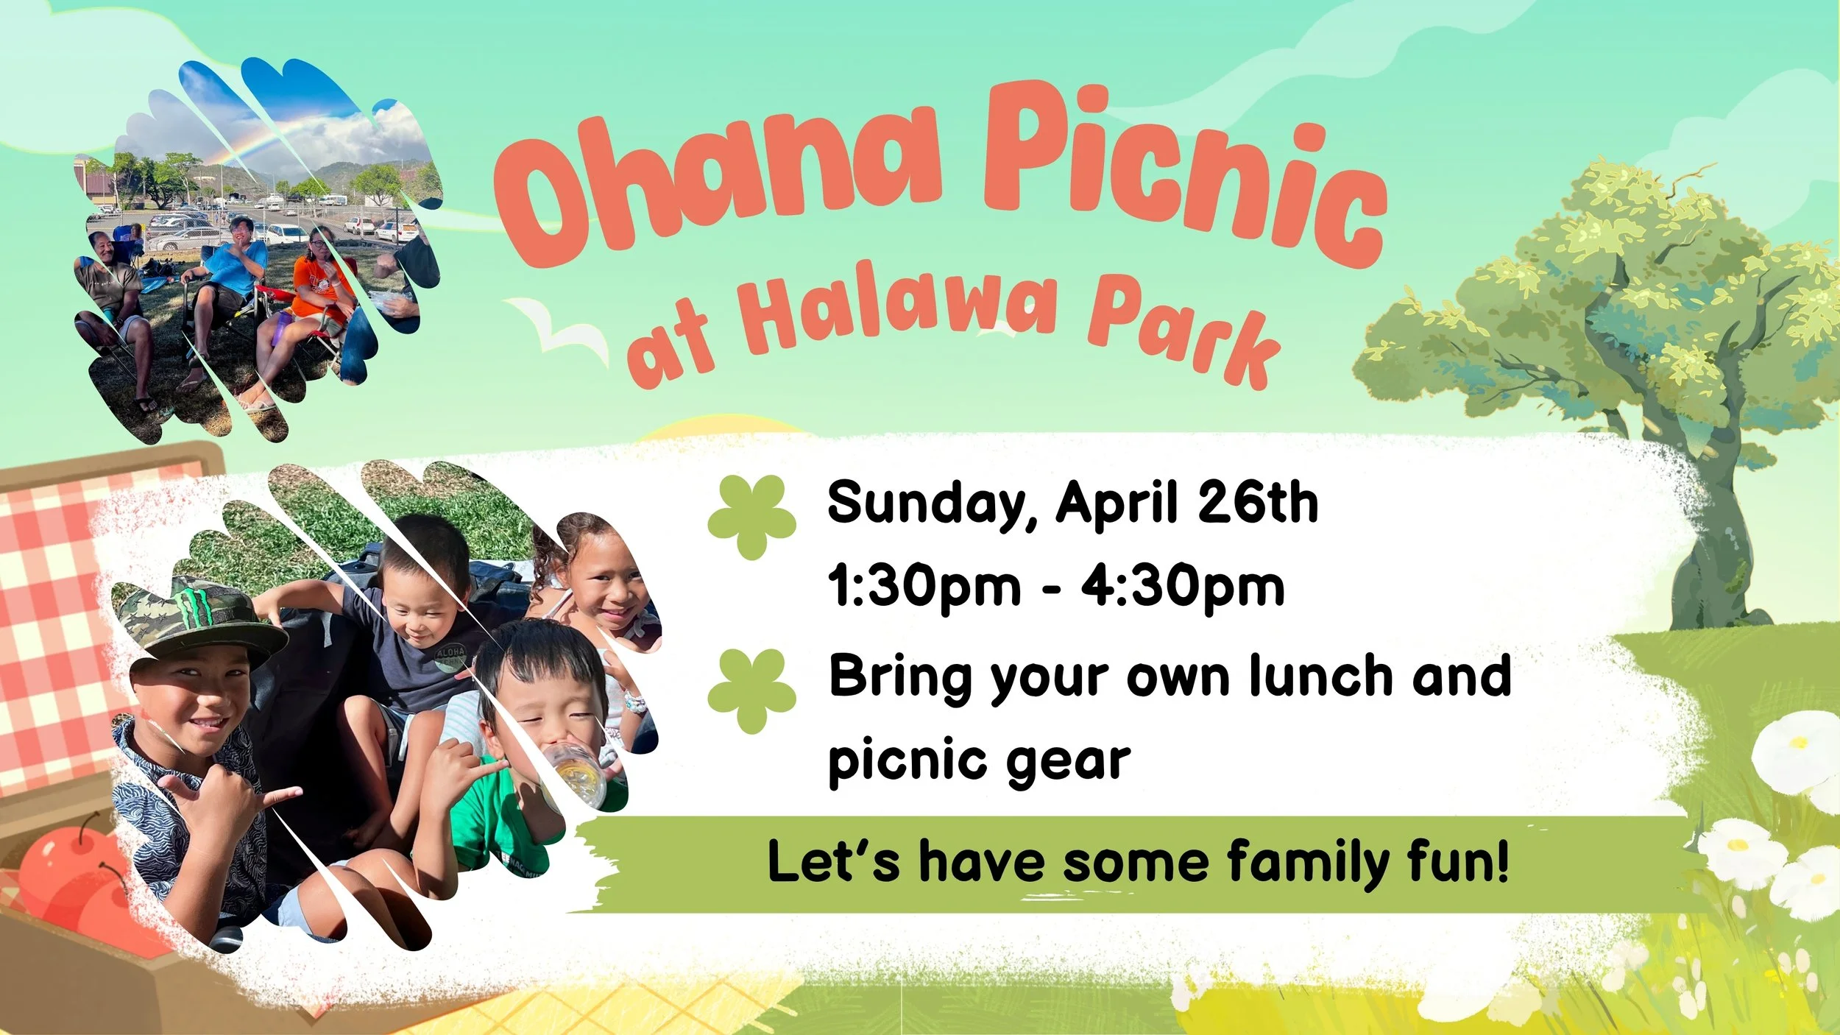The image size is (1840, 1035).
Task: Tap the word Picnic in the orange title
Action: pyautogui.click(x=1185, y=177)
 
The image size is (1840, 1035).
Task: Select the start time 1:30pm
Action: pyautogui.click(x=924, y=587)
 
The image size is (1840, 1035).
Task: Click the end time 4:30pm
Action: pyautogui.click(x=1182, y=587)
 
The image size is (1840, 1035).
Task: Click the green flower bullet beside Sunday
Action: pyautogui.click(x=751, y=515)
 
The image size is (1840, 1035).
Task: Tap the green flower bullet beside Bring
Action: pyautogui.click(x=751, y=690)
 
